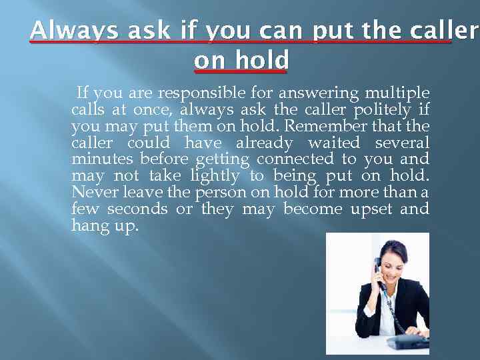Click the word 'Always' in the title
point(65,31)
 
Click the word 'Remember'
point(339,126)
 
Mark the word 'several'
point(402,143)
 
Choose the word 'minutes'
point(97,160)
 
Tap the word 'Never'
point(91,193)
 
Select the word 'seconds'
point(138,210)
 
